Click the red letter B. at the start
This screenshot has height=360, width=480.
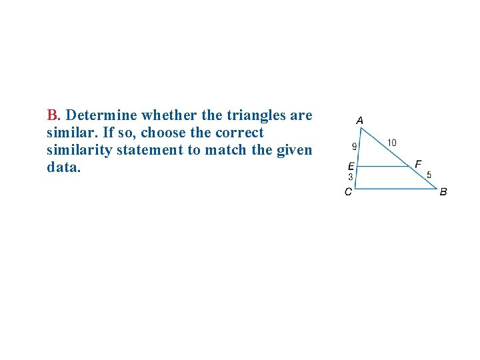point(55,115)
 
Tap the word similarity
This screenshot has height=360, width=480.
point(79,150)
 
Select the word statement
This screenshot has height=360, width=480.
point(150,150)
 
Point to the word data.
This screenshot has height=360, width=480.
point(63,167)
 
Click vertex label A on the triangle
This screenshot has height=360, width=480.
point(359,121)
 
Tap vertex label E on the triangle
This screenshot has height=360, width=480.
point(351,167)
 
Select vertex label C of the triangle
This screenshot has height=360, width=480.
point(348,192)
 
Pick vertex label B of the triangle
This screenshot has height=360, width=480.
point(443,192)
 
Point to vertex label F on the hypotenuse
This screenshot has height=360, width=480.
point(418,164)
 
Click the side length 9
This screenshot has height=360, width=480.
point(354,147)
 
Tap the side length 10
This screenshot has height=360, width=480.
point(391,143)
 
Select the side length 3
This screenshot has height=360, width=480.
point(351,177)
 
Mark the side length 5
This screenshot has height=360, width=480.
point(429,175)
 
